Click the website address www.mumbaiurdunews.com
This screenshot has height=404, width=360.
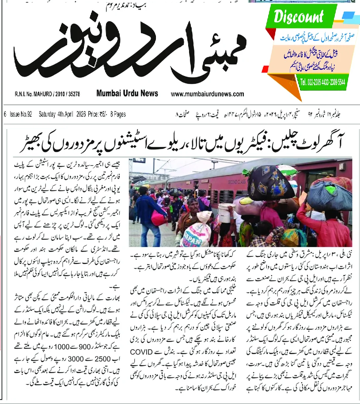pos(207,94)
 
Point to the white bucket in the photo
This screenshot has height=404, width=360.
pos(226,212)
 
